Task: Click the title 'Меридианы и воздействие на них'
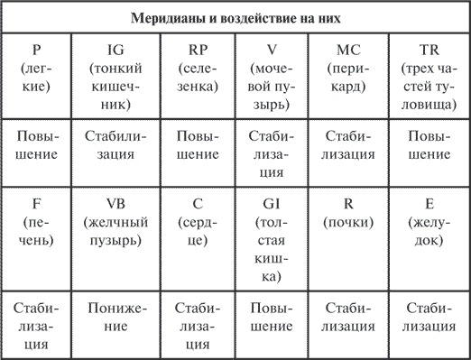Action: [x=235, y=17]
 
